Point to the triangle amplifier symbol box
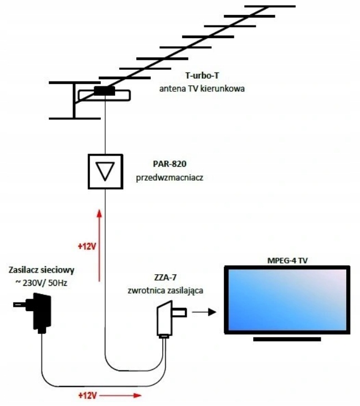104,172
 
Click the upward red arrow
99,244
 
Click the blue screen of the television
286,300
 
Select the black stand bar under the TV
286,338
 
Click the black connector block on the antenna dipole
104,91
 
